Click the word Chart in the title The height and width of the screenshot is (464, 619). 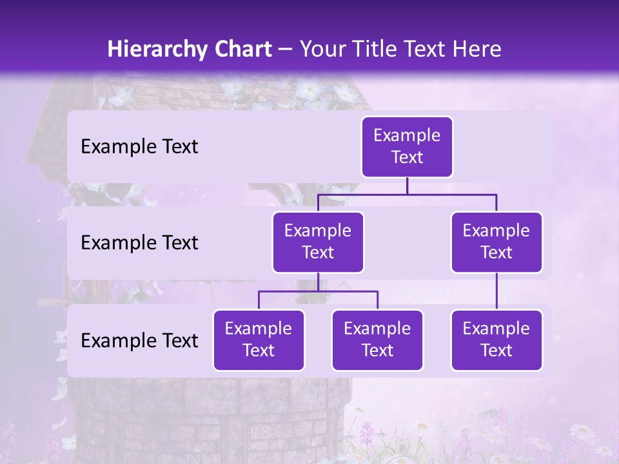[243, 50]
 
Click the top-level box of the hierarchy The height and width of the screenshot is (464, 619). [407, 147]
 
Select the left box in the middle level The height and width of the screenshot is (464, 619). [318, 242]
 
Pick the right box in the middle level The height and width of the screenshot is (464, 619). [496, 242]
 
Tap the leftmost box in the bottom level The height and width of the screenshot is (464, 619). [259, 340]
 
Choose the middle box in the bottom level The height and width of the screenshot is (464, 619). [377, 340]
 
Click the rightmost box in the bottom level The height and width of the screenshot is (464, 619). [496, 340]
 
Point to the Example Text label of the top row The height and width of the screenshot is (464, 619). [139, 147]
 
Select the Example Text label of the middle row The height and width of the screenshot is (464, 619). [139, 243]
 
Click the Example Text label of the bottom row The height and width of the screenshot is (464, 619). [139, 341]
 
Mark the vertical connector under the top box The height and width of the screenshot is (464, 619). [407, 186]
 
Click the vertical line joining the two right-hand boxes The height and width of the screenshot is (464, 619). [496, 291]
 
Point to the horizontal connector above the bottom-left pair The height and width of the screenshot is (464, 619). [318, 291]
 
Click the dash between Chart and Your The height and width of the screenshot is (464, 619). [286, 50]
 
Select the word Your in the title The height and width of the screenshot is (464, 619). [320, 50]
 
